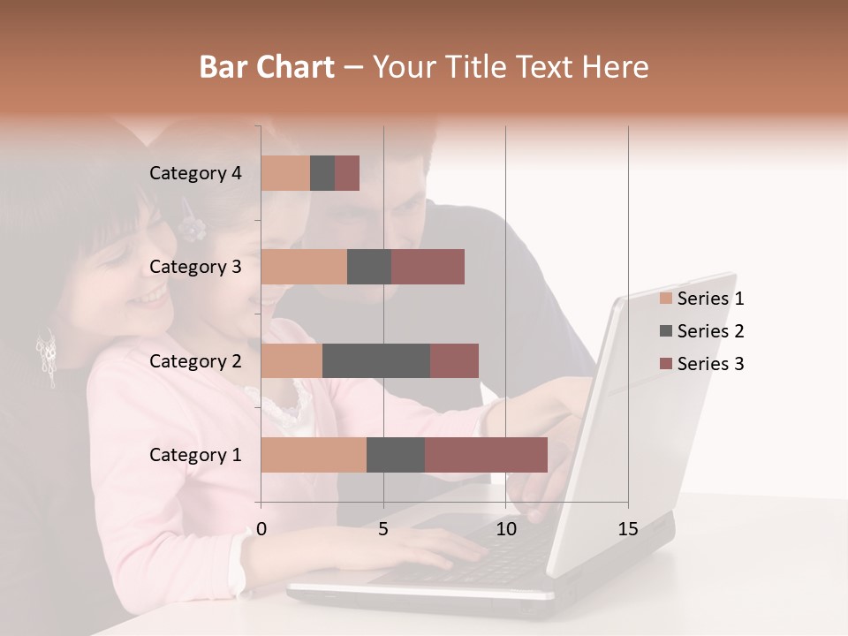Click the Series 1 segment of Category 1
(314, 455)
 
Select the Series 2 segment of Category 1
(396, 455)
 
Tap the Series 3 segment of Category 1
(486, 455)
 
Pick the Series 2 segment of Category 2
(376, 360)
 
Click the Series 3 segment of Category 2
(454, 360)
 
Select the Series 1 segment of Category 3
(304, 267)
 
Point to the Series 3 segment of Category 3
(428, 267)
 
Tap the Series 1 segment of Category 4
(285, 173)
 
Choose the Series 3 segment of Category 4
(347, 173)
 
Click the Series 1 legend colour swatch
(666, 299)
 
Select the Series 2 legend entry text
(710, 331)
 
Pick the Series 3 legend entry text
(710, 364)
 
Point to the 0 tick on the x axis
(261, 529)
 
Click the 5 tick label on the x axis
(383, 529)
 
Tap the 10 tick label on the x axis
(505, 529)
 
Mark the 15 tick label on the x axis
(627, 529)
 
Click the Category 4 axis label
(195, 173)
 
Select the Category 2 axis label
(195, 360)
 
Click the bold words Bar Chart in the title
(267, 67)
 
